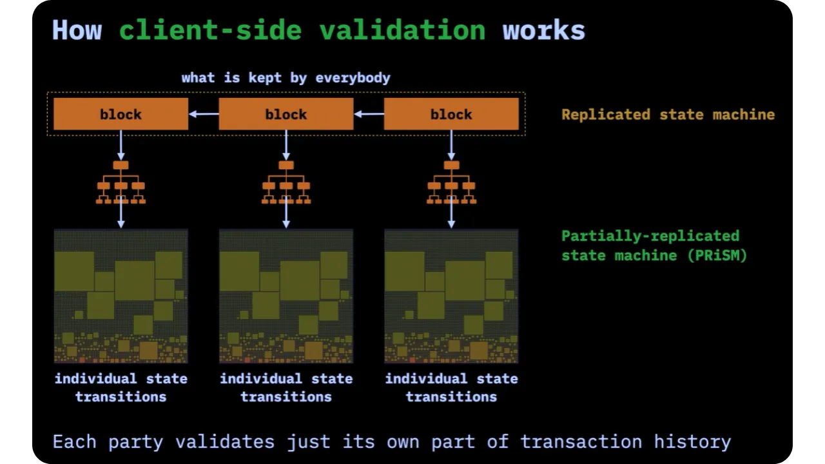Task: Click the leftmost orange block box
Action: coord(121,114)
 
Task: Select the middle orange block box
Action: coord(286,114)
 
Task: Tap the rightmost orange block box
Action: coord(451,114)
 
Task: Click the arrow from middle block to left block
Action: coord(204,114)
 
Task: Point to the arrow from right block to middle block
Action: coord(369,114)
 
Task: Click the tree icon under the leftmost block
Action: coord(121,183)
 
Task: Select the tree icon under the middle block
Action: coord(286,183)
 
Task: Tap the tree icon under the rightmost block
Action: coord(451,183)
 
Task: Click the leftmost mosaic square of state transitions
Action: coord(121,296)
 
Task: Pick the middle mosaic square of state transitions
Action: coord(286,296)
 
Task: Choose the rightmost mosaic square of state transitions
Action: coord(451,296)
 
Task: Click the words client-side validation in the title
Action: coord(302,30)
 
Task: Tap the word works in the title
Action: coord(543,30)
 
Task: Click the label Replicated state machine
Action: coord(668,115)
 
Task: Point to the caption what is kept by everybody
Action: coord(286,78)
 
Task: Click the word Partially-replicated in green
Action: coord(650,236)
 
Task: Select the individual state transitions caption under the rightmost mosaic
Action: coord(451,387)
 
